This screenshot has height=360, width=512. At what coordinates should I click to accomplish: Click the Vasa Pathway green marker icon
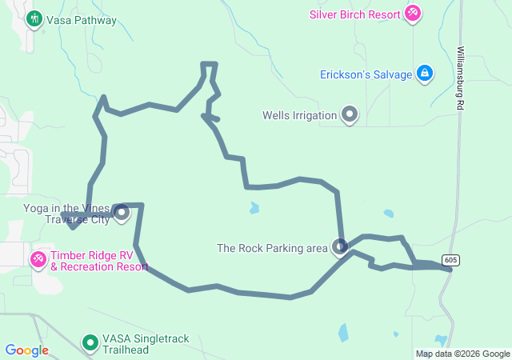click(x=34, y=18)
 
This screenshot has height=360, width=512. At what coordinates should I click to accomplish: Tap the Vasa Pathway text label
click(x=82, y=20)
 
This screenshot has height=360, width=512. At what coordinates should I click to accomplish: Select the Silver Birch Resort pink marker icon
click(x=413, y=14)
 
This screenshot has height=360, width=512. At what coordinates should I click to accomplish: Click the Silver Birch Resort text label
click(x=355, y=14)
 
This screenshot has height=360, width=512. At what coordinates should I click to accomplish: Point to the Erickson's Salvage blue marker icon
click(x=424, y=74)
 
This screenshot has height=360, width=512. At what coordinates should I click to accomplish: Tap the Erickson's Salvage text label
click(x=366, y=74)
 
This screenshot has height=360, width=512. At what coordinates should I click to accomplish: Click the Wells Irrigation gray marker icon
click(x=350, y=115)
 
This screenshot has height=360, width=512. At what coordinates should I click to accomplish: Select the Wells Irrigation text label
click(x=299, y=115)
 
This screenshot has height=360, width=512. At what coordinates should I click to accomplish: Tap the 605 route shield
click(x=450, y=260)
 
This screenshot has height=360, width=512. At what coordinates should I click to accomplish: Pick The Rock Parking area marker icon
click(x=341, y=248)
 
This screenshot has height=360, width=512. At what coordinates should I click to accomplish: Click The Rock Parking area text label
click(x=273, y=248)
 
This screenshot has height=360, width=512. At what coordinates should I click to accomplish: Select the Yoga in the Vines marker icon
click(x=122, y=213)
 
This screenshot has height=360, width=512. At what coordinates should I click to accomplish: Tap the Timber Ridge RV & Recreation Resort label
click(x=99, y=260)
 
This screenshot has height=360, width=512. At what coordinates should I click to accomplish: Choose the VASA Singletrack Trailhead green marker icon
click(x=91, y=344)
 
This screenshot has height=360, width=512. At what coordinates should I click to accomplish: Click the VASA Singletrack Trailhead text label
click(x=146, y=344)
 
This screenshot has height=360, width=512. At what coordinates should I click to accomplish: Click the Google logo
click(x=26, y=350)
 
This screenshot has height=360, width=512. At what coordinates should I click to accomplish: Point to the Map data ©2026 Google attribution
click(x=462, y=354)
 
